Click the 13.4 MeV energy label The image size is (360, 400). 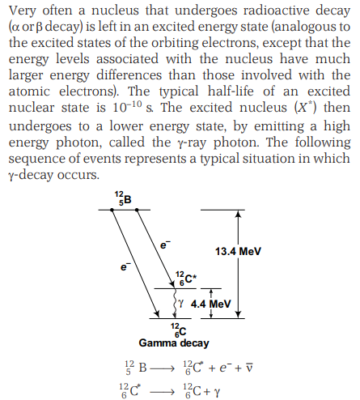point(238,252)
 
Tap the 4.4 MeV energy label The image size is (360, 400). point(210,304)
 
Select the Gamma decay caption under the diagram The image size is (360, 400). point(174,343)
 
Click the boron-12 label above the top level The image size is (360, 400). point(123,198)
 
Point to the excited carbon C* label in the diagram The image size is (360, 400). point(186,279)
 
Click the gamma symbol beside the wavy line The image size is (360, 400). point(181,304)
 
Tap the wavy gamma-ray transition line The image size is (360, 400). point(175,304)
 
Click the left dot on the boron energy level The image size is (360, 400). point(112,210)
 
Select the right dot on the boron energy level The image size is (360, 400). point(137,210)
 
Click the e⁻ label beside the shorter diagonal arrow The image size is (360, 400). point(165,245)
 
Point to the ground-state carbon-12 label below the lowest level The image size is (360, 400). point(179,330)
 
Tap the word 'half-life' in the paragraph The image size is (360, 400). point(231,91)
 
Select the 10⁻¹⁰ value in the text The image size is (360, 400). point(127,107)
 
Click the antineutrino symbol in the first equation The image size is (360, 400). point(249,368)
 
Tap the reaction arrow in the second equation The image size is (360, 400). point(161,392)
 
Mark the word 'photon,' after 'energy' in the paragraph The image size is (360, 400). point(79,143)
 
